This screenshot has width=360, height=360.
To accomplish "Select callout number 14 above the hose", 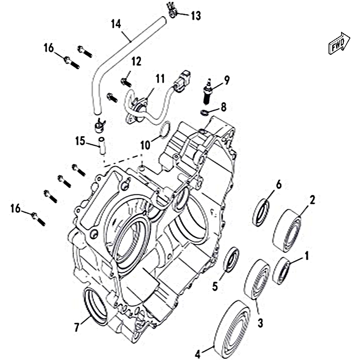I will tap(116, 23).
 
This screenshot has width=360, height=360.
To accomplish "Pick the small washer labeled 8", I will tap(205, 112).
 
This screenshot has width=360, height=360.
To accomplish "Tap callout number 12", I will tap(136, 61).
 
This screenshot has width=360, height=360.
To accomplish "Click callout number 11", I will tap(148, 79).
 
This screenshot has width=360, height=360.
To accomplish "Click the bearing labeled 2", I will tap(288, 228).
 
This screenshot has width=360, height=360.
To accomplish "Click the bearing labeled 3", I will tap(257, 279).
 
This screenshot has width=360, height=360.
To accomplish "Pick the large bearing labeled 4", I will tap(234, 326).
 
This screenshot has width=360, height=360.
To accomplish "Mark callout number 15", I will tap(80, 141).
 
